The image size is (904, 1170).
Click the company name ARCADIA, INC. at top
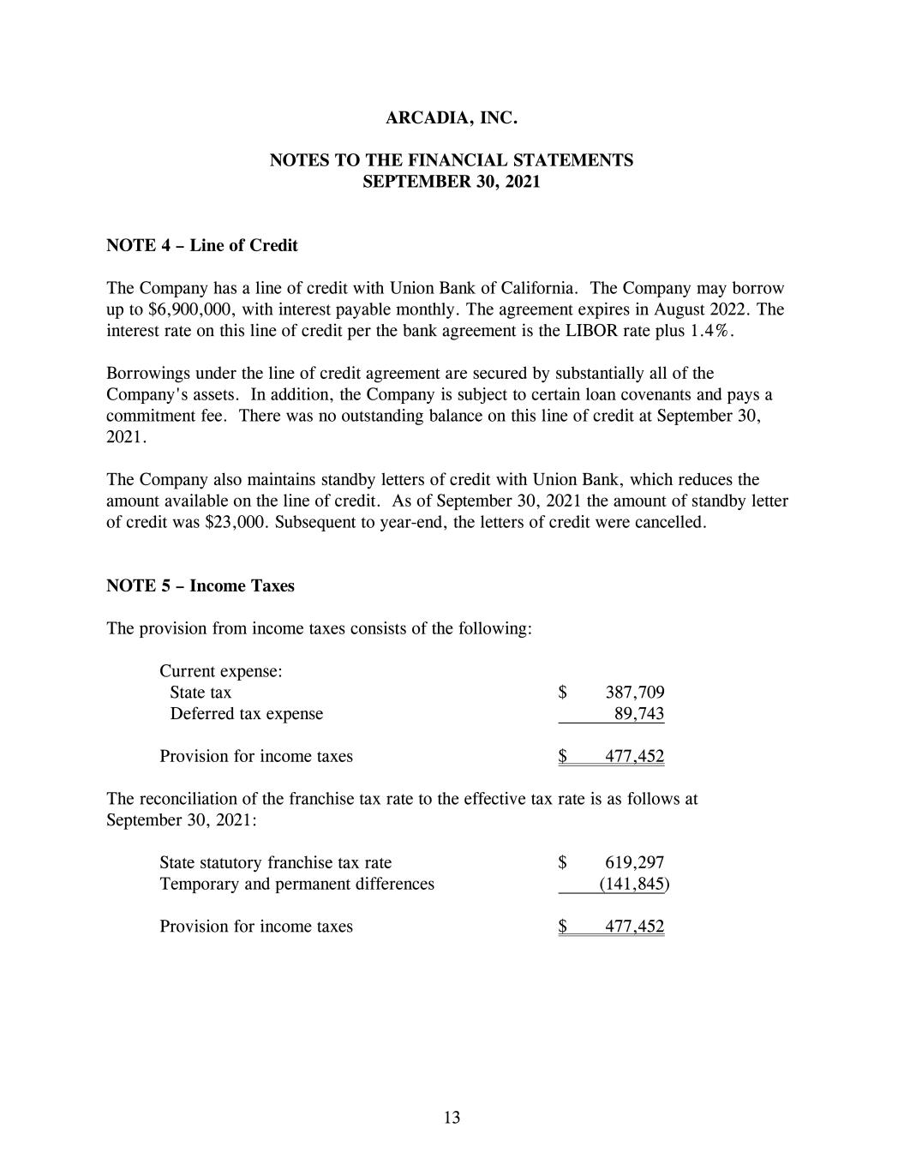452,118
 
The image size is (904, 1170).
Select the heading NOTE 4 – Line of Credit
201,246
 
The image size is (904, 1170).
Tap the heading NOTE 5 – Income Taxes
200,586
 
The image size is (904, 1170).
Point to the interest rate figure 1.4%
711,331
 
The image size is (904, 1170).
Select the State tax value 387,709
635,693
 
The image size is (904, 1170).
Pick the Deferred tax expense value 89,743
639,714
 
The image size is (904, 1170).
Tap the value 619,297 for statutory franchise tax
635,863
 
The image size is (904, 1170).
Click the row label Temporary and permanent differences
296,884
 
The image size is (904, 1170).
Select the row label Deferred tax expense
247,714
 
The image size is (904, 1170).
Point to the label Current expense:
221,671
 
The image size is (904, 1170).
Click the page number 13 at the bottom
452,1118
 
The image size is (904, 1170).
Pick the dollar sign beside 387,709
563,693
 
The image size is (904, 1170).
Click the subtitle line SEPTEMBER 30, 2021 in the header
452,183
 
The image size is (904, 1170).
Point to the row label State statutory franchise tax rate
275,863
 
